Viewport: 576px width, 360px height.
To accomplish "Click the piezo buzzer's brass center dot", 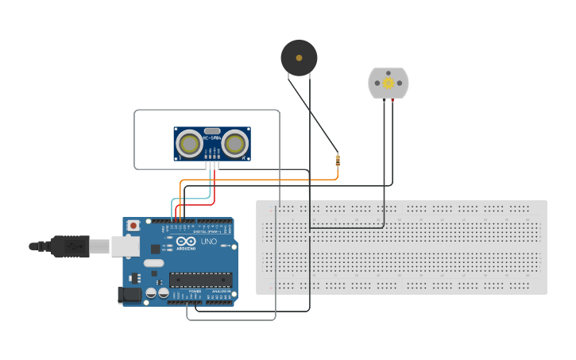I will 299,57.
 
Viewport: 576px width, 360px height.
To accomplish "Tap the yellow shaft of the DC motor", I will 388,83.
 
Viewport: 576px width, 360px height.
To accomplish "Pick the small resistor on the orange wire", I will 338,161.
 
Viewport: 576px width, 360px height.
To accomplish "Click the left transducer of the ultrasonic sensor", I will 189,144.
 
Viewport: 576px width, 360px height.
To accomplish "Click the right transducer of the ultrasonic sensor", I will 234,144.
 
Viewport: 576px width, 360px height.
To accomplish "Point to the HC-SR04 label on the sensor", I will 212,138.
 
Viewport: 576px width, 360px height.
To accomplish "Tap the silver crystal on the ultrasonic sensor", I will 212,130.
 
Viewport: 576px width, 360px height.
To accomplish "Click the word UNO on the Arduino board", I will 208,242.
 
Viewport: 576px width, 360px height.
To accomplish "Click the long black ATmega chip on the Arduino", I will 199,280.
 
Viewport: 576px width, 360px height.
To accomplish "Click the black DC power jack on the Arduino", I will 130,295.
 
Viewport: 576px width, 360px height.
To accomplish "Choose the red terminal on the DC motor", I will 392,100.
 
